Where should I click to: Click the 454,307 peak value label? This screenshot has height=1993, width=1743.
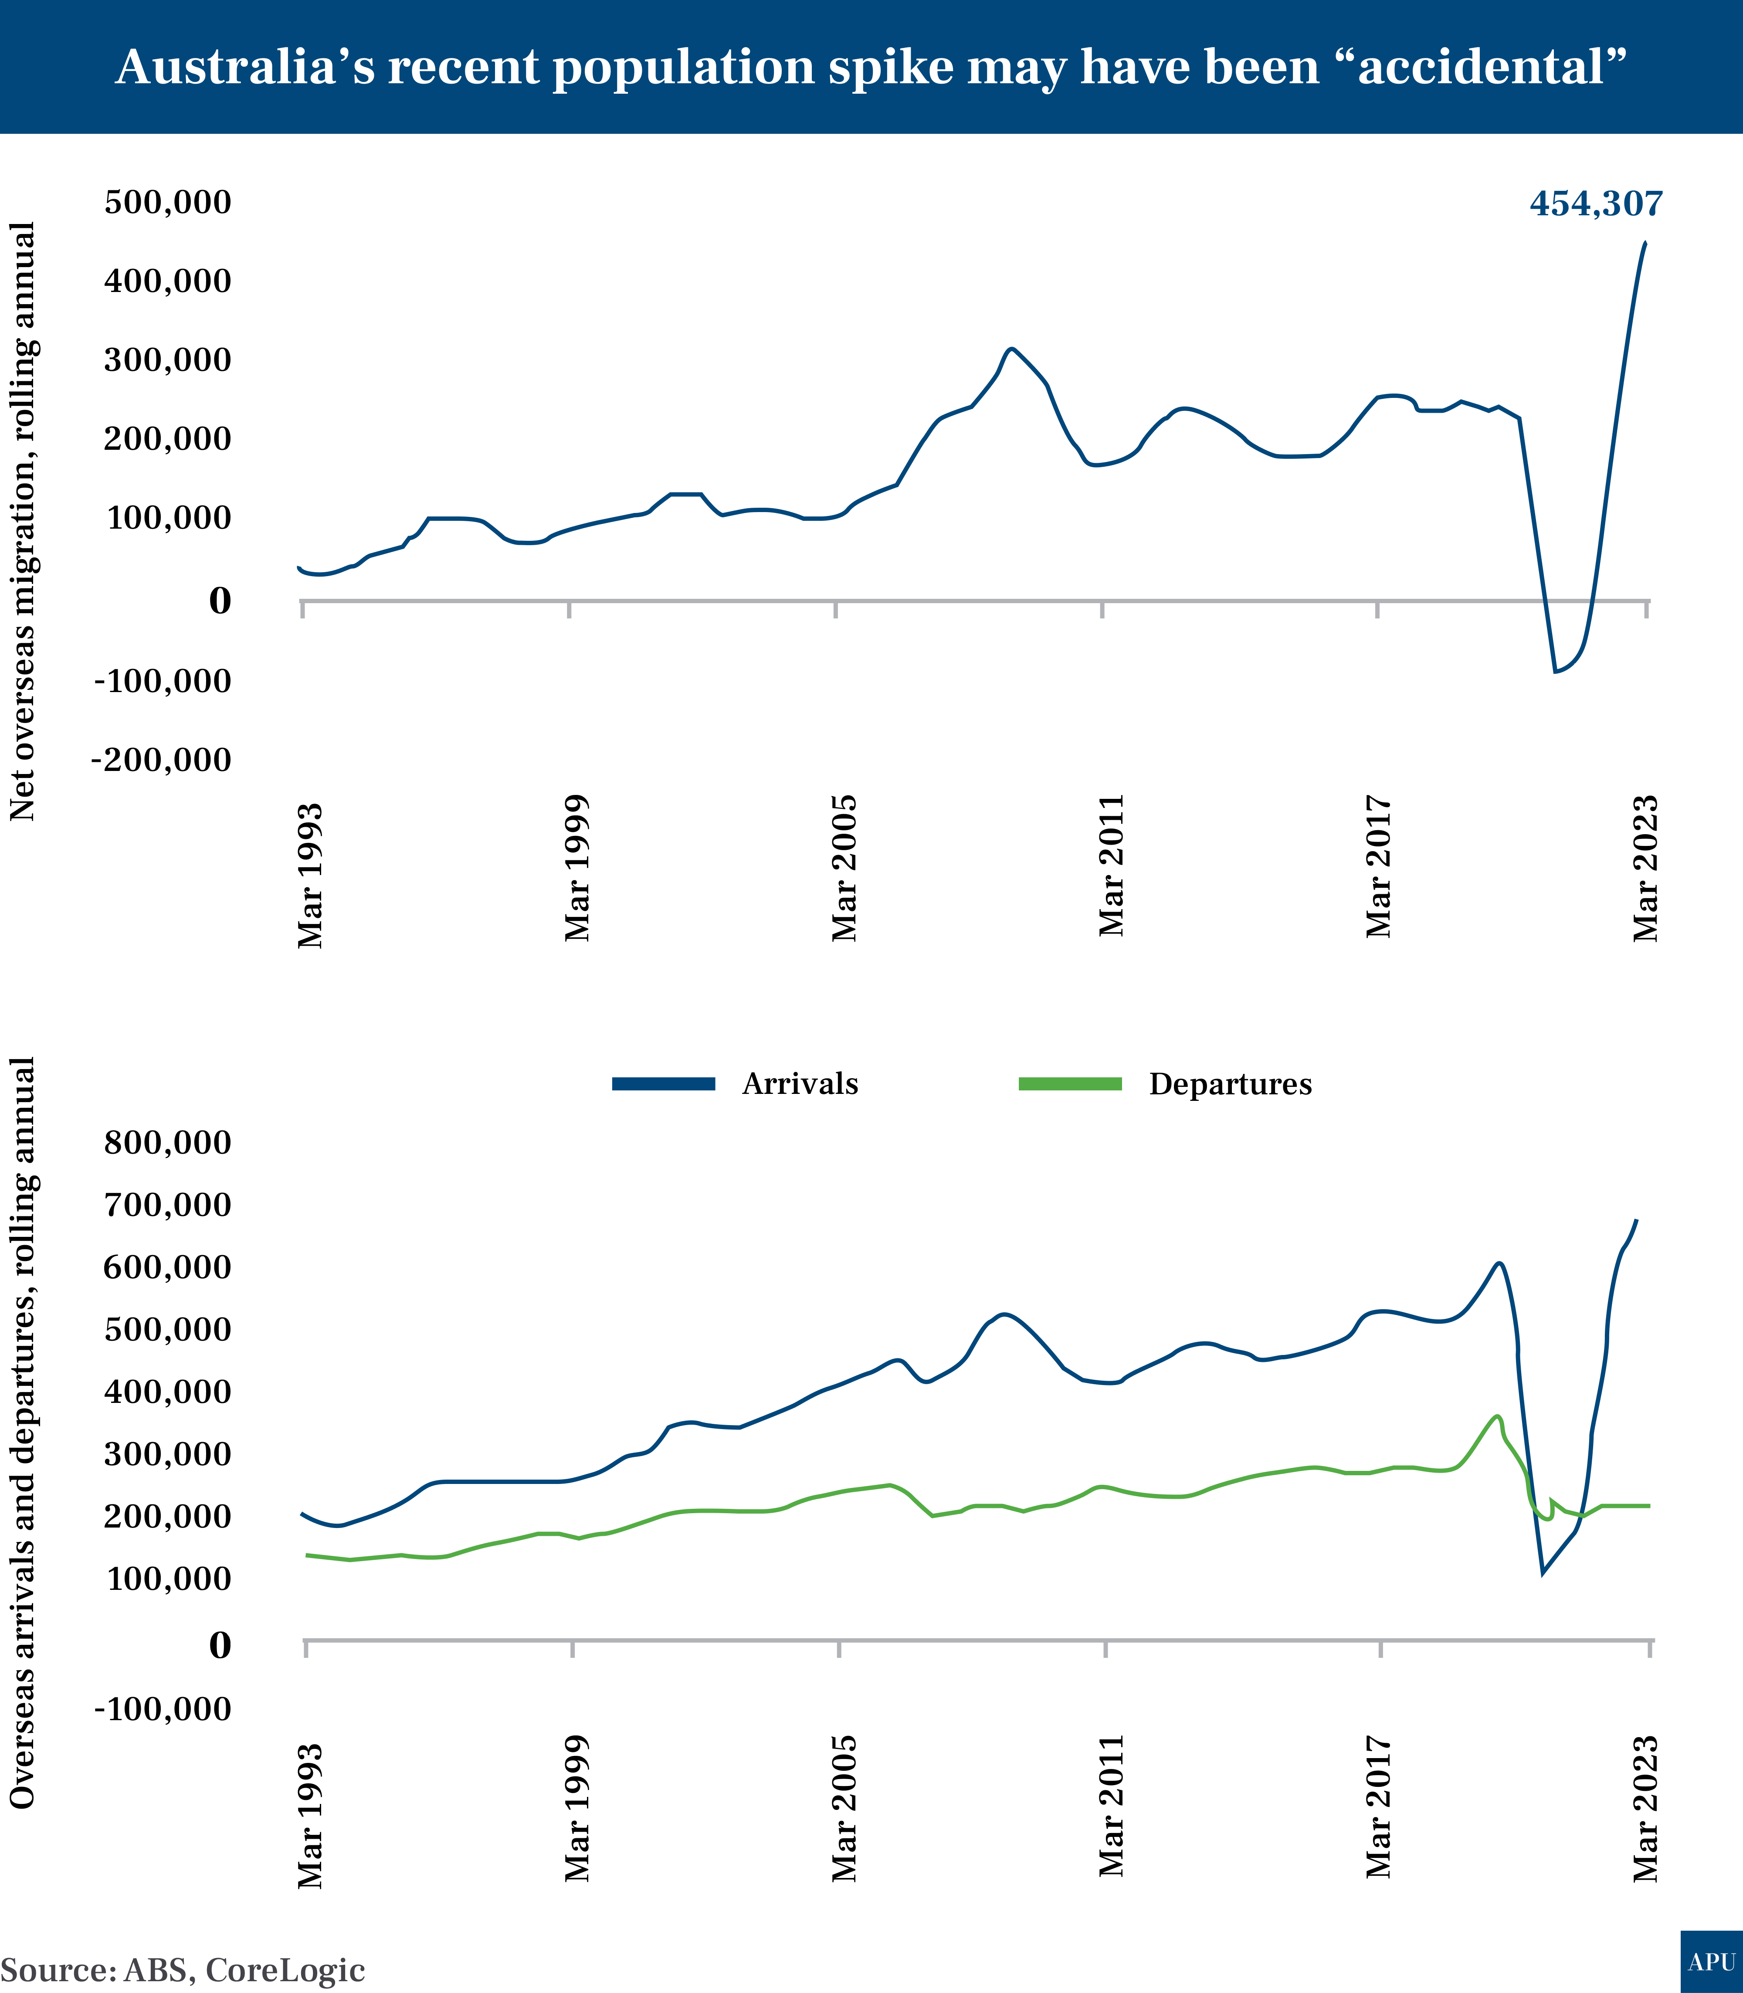(x=1596, y=203)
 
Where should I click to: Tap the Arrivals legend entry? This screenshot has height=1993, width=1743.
(x=800, y=1083)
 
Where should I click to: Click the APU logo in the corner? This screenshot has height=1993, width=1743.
(x=1711, y=1962)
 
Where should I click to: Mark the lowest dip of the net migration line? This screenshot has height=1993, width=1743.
(x=1555, y=671)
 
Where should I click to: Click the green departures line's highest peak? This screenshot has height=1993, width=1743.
(x=1498, y=1416)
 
